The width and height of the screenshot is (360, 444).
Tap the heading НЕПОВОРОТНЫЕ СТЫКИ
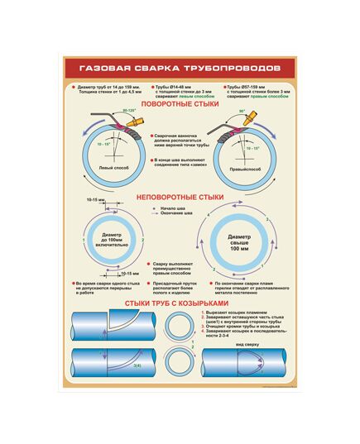180,198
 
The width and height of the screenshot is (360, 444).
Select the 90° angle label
243,111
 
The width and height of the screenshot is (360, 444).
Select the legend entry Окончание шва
178,216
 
